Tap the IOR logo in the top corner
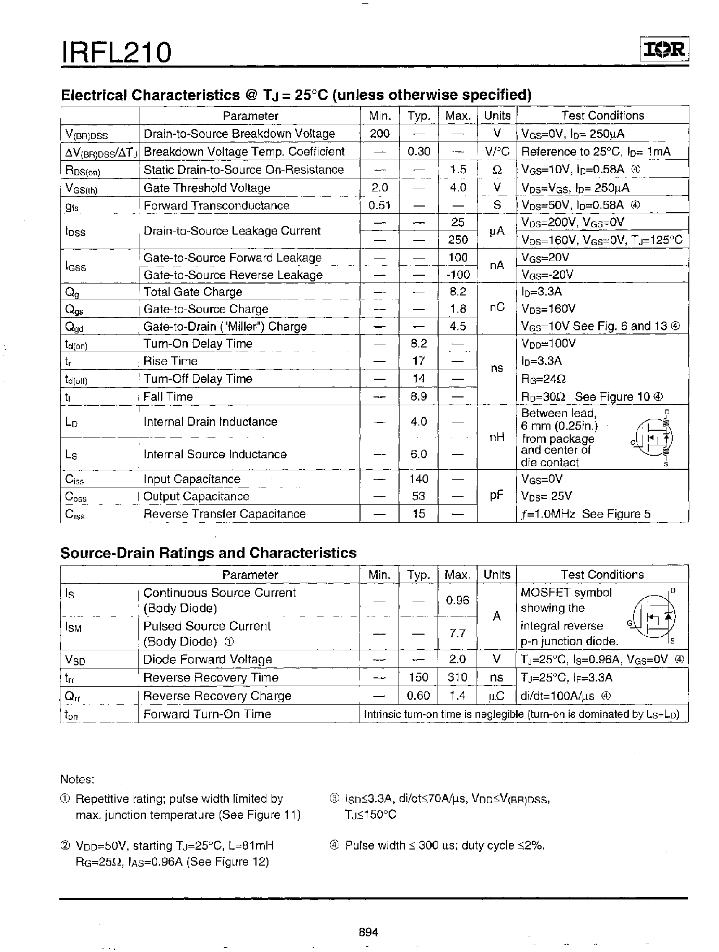pos(663,49)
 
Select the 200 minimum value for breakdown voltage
pos(379,134)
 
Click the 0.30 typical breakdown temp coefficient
pos(418,151)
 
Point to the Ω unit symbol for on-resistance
pos(497,170)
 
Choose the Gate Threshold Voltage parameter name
pos(207,188)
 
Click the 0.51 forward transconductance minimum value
pos(379,205)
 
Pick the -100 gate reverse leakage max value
pos(458,275)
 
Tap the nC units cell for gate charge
pos(497,307)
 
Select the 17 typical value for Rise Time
pos(418,361)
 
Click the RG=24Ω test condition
pos(544,379)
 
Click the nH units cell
pos(497,438)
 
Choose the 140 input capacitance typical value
pos(418,479)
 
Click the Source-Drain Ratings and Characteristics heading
pos(209,552)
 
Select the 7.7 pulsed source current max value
pos(457,634)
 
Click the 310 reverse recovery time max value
pos(457,677)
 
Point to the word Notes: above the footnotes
pos(77,779)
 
